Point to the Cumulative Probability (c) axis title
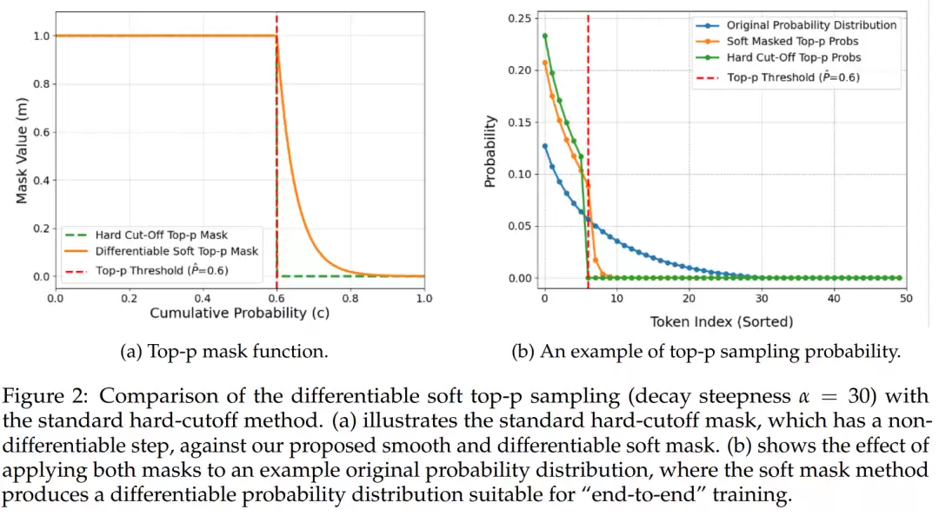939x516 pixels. pos(239,313)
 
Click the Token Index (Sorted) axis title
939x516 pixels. pos(722,322)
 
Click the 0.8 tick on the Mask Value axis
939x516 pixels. pos(37,84)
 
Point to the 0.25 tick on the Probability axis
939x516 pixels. pos(519,18)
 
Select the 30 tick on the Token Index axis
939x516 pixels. pos(762,298)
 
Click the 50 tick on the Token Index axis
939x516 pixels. pos(906,298)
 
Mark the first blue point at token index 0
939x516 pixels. pos(544,146)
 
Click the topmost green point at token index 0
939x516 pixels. pos(544,36)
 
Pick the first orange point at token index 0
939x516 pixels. pos(544,63)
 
